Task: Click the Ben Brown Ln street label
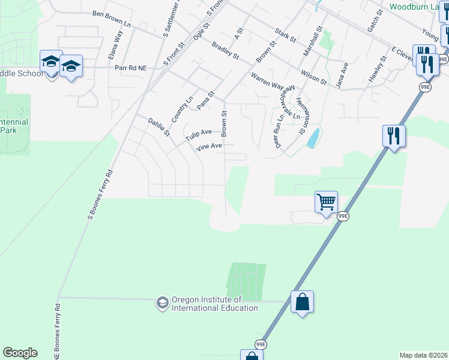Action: pyautogui.click(x=112, y=17)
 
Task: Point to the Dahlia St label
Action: pyautogui.click(x=159, y=127)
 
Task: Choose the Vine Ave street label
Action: pyautogui.click(x=208, y=146)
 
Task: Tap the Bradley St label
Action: pyautogui.click(x=225, y=50)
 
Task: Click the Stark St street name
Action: pyautogui.click(x=285, y=35)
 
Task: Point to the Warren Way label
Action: pyautogui.click(x=267, y=82)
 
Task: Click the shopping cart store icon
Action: pyautogui.click(x=326, y=202)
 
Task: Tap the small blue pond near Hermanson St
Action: pyautogui.click(x=313, y=139)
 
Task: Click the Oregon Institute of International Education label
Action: pyautogui.click(x=215, y=304)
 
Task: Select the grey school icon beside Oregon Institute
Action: pyautogui.click(x=162, y=303)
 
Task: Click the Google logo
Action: pyautogui.click(x=20, y=353)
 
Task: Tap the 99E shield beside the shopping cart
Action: pyautogui.click(x=343, y=217)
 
